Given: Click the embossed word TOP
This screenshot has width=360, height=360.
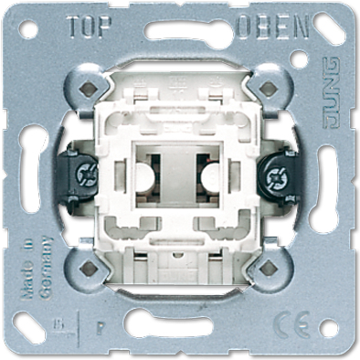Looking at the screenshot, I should [x=89, y=29].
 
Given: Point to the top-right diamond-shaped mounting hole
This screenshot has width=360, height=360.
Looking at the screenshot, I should [x=269, y=90].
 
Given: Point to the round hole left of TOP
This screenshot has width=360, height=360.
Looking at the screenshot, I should [x=29, y=30].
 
